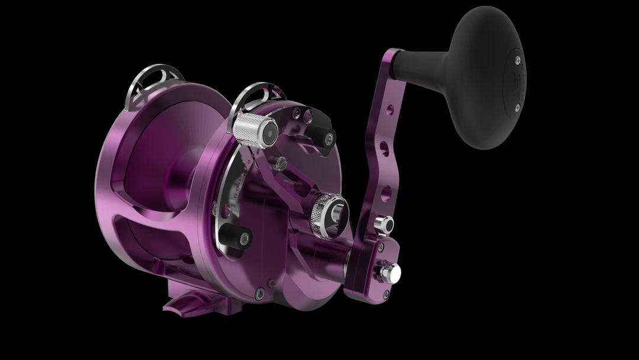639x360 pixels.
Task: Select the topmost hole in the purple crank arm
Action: click(390, 110)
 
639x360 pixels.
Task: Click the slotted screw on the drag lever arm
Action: click(283, 161)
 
